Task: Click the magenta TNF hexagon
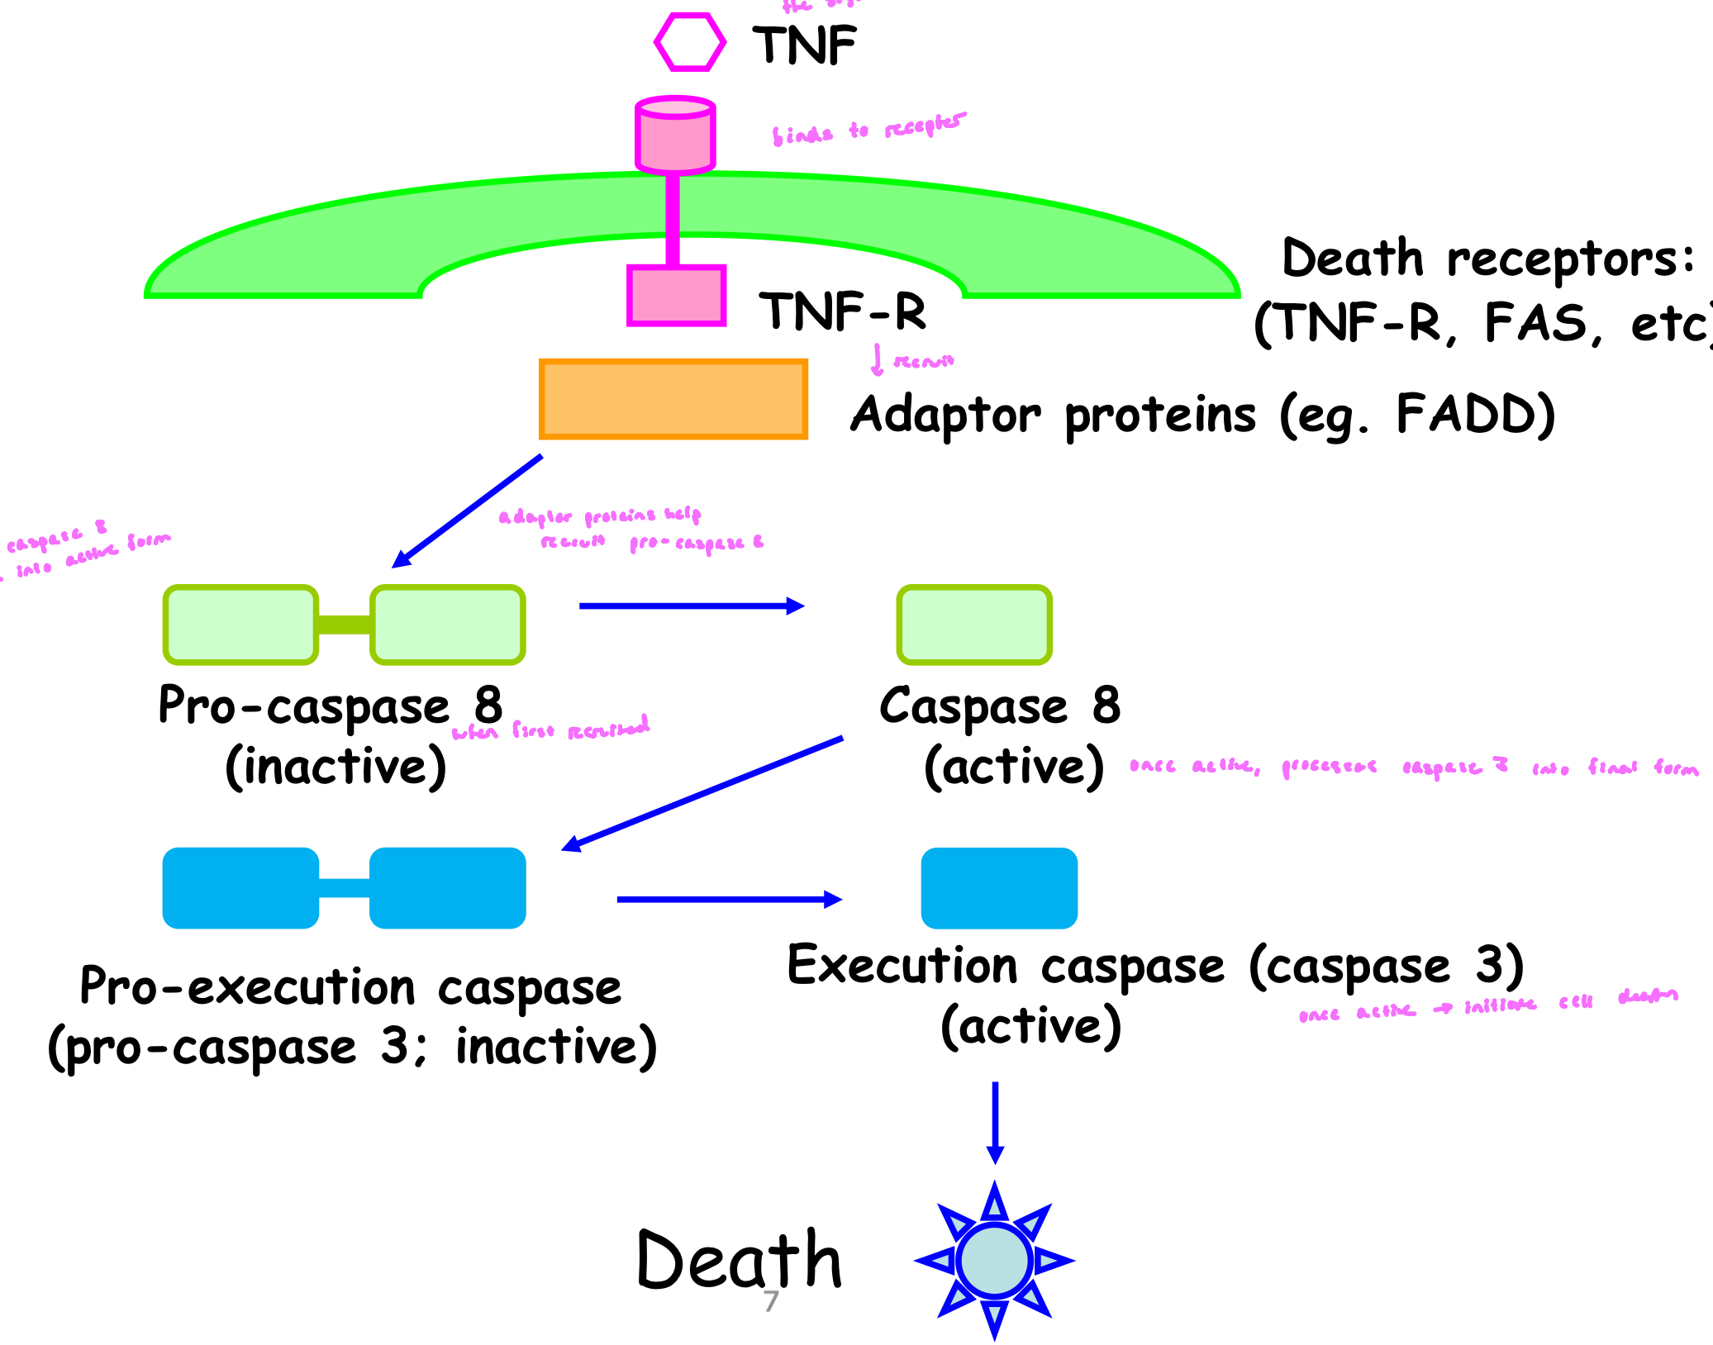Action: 690,42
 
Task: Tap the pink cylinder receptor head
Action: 675,135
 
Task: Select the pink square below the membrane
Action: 676,295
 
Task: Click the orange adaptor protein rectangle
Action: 673,399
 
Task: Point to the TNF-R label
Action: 843,311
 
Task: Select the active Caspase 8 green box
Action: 974,625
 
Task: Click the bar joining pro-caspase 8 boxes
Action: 344,625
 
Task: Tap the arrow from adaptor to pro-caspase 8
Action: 468,511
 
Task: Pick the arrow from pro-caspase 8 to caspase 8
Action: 691,606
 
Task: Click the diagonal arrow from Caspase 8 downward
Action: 702,793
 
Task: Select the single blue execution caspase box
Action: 999,888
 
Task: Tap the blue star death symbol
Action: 994,1261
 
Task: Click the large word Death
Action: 739,1261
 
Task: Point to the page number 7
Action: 771,1301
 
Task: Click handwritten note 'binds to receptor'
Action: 868,129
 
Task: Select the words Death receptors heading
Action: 1487,258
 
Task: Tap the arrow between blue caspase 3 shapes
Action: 729,899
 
